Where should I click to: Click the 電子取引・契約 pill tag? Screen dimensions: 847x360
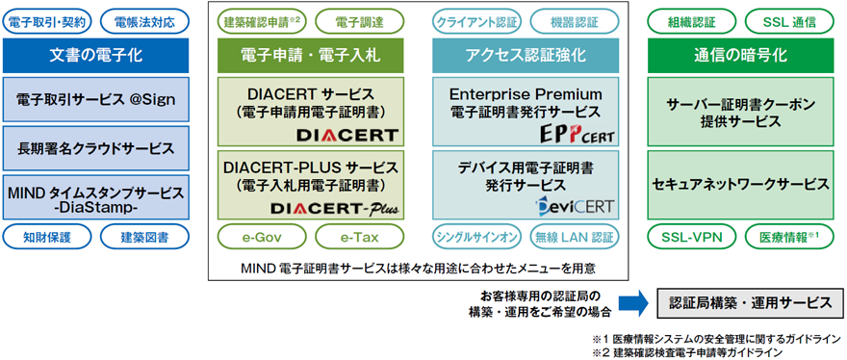47,22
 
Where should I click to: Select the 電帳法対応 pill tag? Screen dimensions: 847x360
144,22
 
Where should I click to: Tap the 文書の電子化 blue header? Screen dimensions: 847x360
95,55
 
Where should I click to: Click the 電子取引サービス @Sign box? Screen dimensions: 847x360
95,99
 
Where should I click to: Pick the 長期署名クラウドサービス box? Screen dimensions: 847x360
95,148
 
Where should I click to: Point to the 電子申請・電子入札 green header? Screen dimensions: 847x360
311,55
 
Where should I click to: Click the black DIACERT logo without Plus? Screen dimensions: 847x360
347,135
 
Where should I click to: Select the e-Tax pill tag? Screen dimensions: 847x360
359,236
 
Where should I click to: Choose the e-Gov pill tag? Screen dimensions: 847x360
262,236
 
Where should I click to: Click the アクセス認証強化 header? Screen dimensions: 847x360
526,55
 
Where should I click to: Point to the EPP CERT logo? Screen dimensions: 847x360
577,134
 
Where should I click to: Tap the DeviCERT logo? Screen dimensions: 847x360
575,206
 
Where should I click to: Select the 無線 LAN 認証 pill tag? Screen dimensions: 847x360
575,236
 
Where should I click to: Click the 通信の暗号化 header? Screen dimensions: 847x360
740,55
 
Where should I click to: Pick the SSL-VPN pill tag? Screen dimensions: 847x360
692,236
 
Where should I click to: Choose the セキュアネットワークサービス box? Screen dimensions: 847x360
740,184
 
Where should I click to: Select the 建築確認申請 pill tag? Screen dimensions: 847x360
262,22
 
